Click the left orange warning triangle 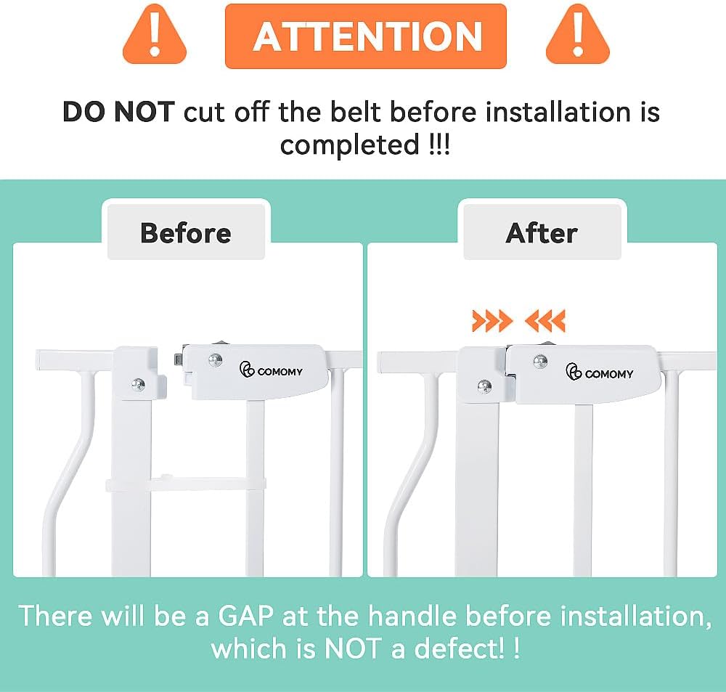[x=155, y=36]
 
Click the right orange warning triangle [x=578, y=36]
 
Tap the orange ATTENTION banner [x=366, y=36]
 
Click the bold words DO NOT [x=118, y=112]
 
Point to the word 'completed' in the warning [x=350, y=145]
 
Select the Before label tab [x=186, y=232]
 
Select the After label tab [x=542, y=232]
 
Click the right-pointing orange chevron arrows [x=492, y=321]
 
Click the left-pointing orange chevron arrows [x=545, y=321]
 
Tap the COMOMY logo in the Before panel [x=271, y=370]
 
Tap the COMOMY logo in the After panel [x=599, y=373]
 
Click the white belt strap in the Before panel [x=186, y=484]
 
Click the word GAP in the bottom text [x=245, y=616]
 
